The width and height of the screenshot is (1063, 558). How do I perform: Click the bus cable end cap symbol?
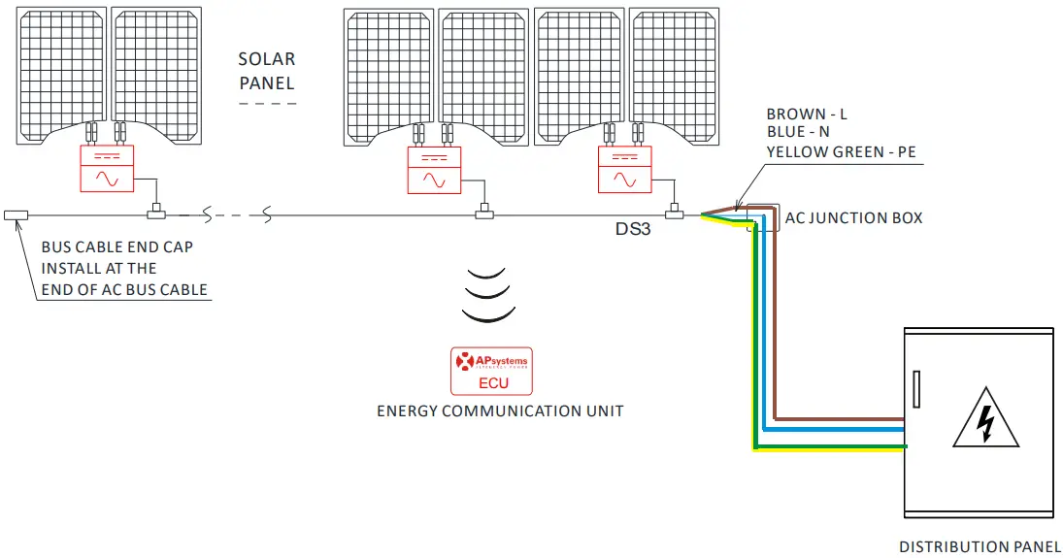16,214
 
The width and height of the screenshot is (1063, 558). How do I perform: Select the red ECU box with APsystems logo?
492,372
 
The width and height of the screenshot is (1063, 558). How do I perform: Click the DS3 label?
632,230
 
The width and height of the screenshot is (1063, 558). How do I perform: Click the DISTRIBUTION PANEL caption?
980,547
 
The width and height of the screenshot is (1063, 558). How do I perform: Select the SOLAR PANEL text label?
267,72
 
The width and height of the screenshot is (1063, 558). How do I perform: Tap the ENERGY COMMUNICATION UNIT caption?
500,410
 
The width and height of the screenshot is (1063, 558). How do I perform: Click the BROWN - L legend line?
807,114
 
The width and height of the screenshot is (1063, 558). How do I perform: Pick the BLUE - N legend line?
798,132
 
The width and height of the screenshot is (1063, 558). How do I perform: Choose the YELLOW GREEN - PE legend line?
841,151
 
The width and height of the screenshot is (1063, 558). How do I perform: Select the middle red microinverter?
434,170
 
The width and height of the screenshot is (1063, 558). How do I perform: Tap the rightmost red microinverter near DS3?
626,170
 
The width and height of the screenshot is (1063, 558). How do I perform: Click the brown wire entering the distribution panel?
845,420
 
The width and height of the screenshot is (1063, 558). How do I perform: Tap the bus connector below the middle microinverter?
483,213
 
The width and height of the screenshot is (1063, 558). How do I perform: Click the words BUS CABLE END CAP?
116,247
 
